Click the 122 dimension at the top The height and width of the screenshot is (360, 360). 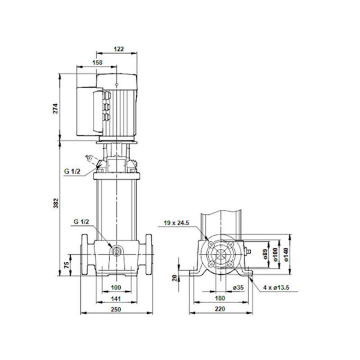118,49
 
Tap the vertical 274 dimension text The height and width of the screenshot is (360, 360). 56,108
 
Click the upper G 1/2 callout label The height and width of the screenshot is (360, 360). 72,172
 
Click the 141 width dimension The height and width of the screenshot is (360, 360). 116,298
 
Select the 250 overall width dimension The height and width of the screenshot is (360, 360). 116,309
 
